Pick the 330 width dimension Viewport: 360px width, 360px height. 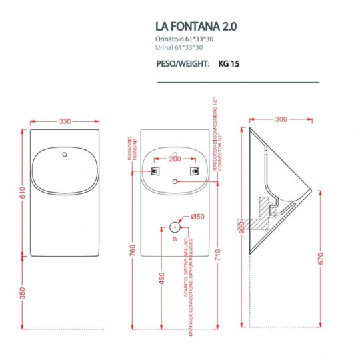(65, 121)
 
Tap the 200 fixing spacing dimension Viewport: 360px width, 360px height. (175, 160)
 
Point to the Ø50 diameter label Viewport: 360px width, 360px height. (198, 216)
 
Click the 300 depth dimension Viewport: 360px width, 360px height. (281, 120)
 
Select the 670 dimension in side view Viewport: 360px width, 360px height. (322, 258)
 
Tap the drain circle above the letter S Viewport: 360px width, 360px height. (175, 225)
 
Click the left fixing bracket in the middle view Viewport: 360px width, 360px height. (155, 171)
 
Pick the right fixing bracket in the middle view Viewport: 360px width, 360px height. (195, 171)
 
